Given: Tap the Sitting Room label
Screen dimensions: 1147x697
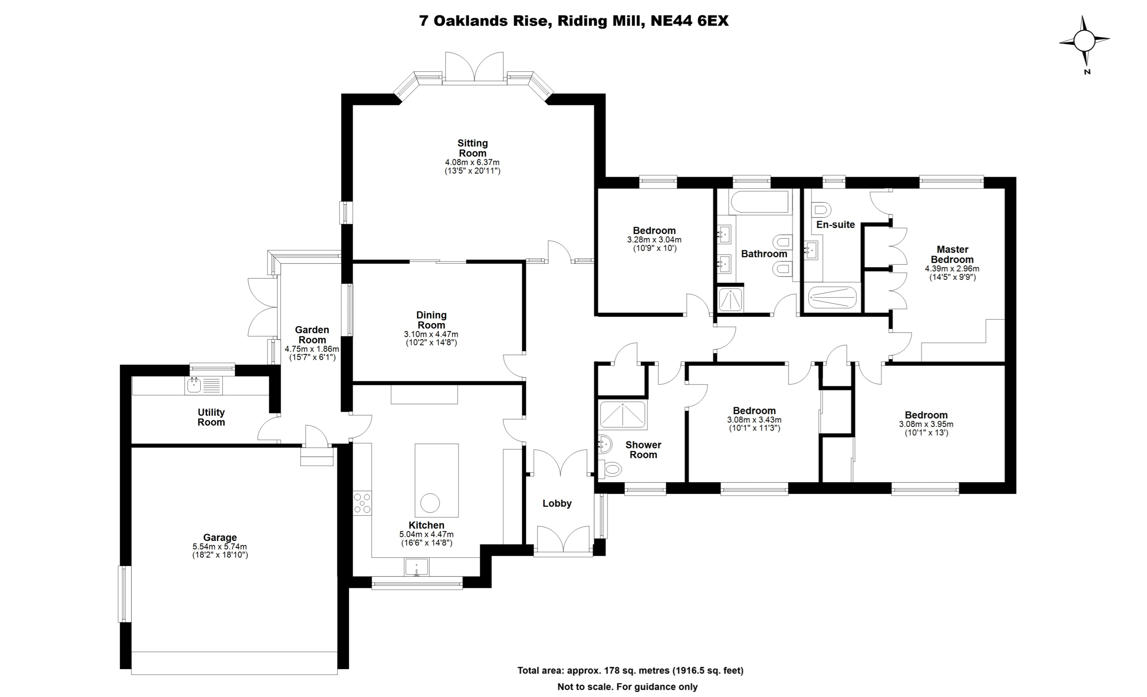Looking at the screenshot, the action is (473, 148).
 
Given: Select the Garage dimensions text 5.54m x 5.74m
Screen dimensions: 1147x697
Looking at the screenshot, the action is (220, 546).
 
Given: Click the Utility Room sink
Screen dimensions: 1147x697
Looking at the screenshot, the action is (194, 385).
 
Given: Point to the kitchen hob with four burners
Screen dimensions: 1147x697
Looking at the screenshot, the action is (362, 503).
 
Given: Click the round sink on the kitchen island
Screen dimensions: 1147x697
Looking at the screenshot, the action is (430, 503).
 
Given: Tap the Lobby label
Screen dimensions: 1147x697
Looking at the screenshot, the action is (557, 503).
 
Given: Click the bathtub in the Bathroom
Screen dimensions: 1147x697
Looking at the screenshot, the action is (760, 202).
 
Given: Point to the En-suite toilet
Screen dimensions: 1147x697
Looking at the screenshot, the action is (821, 209).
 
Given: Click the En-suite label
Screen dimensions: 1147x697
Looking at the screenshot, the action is (836, 225).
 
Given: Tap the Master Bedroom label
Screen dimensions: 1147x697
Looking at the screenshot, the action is (952, 254).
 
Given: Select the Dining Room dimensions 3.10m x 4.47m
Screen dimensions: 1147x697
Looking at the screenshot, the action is (431, 335).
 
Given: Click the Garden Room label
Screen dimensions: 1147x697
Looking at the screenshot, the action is (312, 335).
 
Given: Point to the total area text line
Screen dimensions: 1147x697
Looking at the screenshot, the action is (630, 671).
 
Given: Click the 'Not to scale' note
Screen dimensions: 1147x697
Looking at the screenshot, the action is (628, 687).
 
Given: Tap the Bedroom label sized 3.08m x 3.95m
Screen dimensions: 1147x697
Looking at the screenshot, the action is (926, 415).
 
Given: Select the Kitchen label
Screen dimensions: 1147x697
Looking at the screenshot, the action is (427, 525).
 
